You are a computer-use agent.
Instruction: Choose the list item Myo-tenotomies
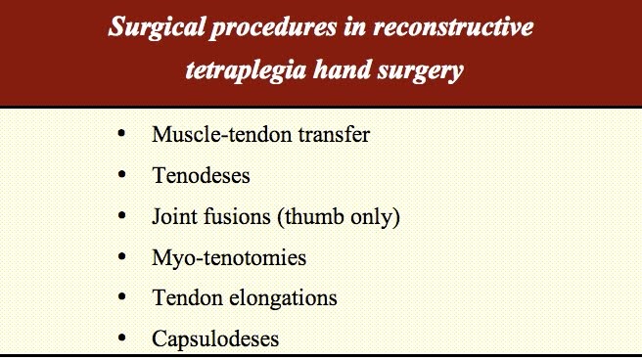pos(228,258)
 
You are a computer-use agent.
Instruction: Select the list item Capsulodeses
pos(214,339)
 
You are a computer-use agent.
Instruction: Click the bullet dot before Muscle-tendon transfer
pos(120,133)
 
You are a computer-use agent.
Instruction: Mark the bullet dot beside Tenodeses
pos(120,174)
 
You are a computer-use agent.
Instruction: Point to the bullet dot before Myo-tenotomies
pos(120,256)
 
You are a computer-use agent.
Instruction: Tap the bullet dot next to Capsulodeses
pos(120,338)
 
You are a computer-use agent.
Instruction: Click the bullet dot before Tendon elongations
pos(120,297)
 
